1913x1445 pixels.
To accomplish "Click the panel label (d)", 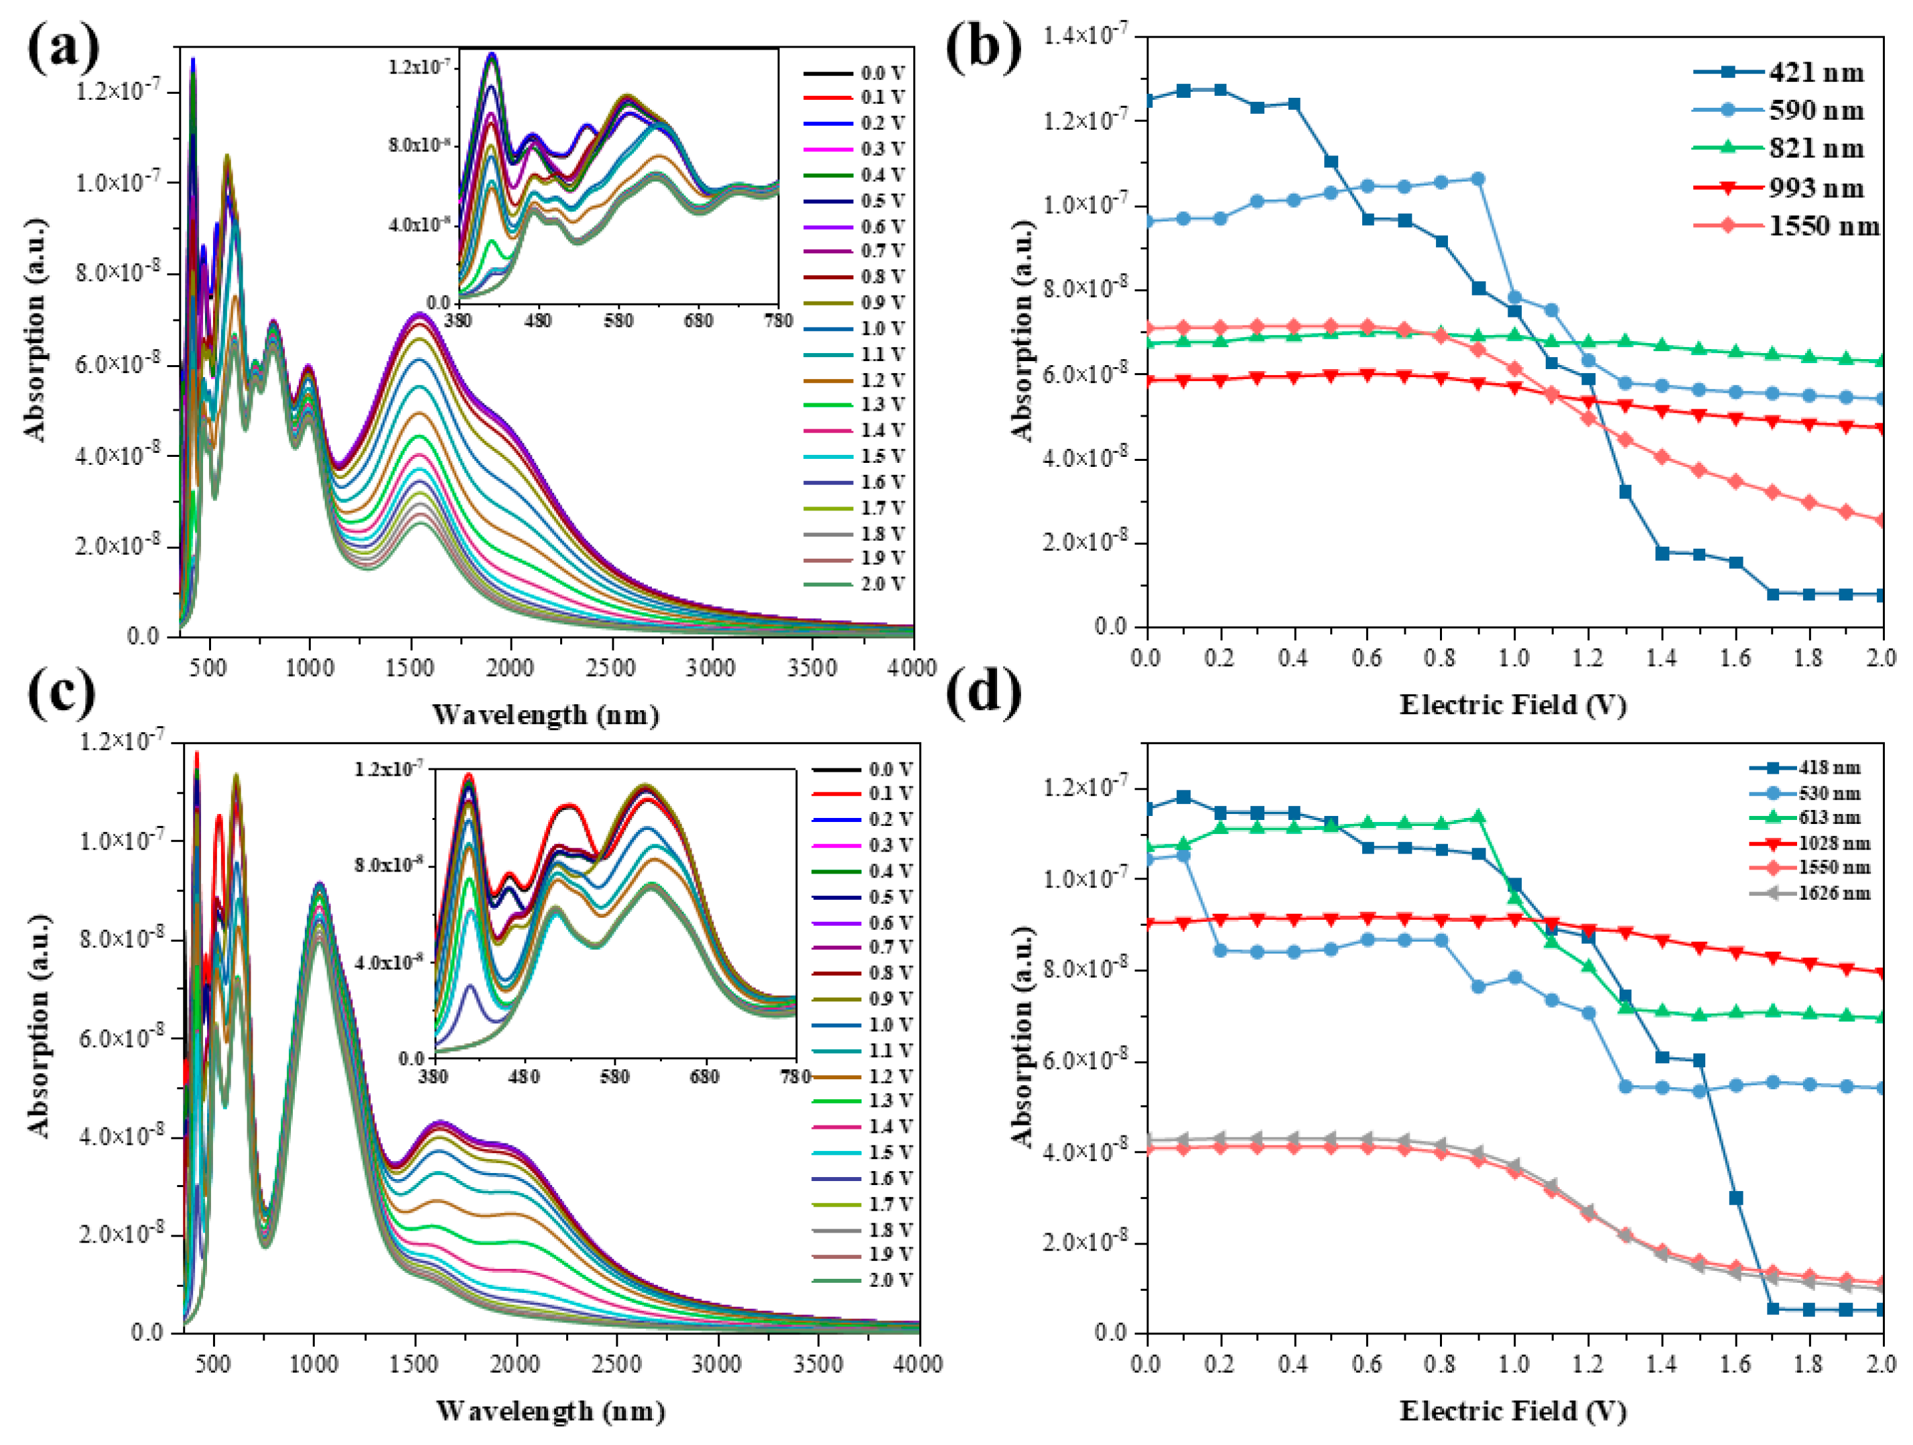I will click(x=984, y=692).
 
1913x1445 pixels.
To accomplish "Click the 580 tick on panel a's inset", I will click(x=618, y=321).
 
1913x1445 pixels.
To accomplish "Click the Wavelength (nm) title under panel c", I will click(x=550, y=1412).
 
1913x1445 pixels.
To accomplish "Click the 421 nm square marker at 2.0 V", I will click(x=1883, y=595).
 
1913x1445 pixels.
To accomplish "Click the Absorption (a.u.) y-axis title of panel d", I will click(x=1023, y=1037).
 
